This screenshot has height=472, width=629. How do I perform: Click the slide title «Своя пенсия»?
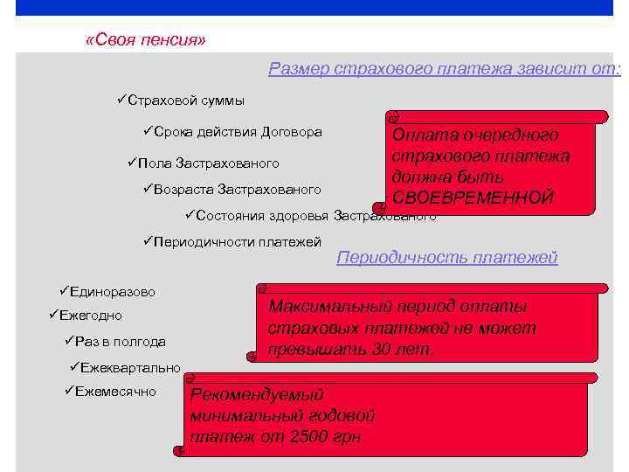tap(146, 41)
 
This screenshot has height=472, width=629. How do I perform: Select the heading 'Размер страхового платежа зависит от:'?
tap(444, 68)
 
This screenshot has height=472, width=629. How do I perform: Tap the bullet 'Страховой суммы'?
tap(185, 101)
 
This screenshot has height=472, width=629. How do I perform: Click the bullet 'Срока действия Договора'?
tap(237, 132)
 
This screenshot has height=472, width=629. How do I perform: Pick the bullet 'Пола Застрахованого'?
tap(209, 163)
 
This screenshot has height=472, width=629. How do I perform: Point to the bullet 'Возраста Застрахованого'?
tap(236, 189)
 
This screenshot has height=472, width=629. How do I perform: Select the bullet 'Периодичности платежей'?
tap(237, 241)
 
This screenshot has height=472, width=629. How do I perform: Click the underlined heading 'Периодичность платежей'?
tap(446, 258)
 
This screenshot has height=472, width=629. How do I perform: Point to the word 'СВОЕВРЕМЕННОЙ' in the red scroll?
tap(473, 198)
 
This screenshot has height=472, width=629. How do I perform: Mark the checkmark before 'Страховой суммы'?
tap(121, 101)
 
